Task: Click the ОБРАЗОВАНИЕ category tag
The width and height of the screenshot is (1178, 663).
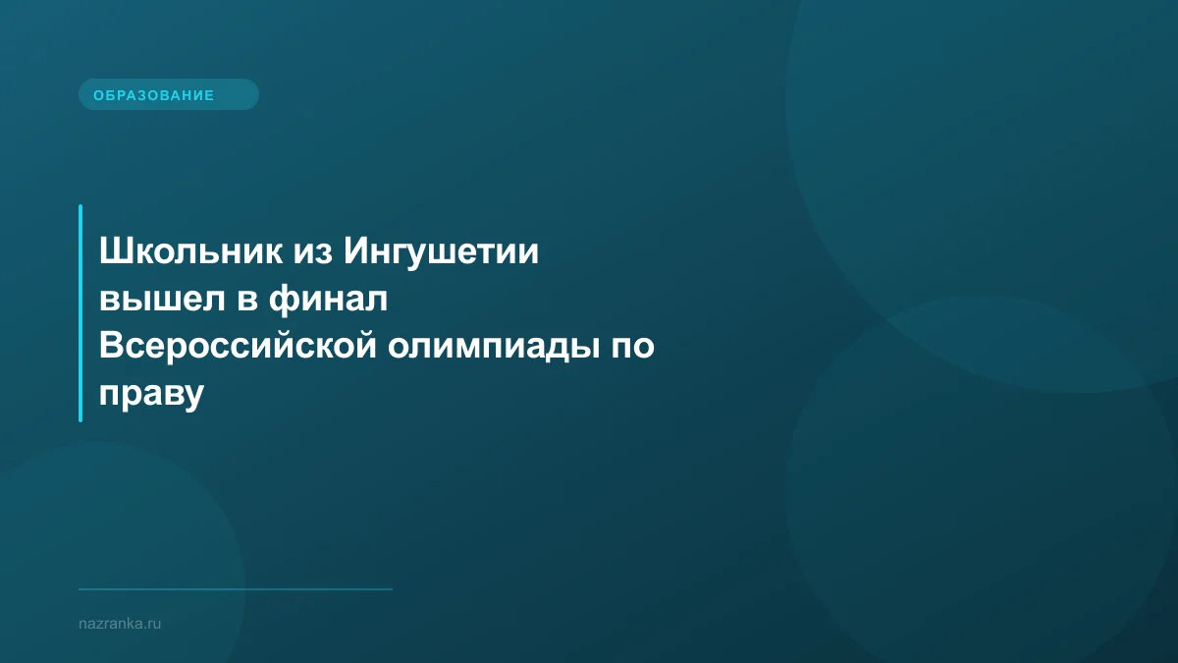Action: click(168, 95)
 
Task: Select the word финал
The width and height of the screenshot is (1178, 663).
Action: click(329, 301)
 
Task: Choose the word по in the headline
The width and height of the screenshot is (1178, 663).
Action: click(631, 347)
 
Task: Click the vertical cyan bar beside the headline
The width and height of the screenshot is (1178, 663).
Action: click(80, 312)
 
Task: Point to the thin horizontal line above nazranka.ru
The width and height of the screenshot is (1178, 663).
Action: click(236, 589)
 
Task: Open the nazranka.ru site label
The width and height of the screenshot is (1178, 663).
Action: click(120, 624)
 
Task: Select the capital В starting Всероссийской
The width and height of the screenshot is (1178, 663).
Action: click(110, 347)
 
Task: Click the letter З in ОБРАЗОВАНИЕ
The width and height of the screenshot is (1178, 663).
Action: click(139, 95)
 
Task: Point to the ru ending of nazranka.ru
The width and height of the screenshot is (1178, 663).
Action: click(153, 624)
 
